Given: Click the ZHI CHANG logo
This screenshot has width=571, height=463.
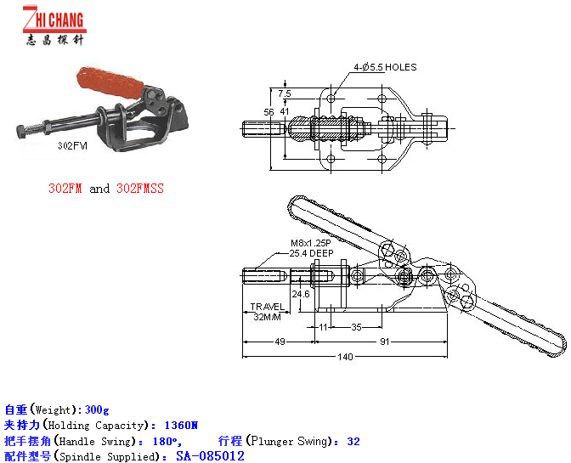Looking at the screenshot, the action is coord(54,25).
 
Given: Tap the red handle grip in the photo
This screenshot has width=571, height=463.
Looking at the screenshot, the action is coord(110,83).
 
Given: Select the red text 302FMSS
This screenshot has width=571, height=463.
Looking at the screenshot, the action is coord(140,189).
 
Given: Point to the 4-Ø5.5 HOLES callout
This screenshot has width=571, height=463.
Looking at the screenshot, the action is coord(385,67).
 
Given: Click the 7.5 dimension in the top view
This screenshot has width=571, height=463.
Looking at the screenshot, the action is coord(285,93).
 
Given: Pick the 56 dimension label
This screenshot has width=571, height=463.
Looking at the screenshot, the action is coord(269,112).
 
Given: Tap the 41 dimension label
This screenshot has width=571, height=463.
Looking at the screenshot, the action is coord(285,111).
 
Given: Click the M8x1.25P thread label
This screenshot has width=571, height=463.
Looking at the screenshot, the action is coord(311,243).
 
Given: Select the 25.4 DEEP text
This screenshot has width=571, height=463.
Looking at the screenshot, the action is coord(311,253).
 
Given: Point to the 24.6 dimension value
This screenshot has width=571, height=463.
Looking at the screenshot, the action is coord(301,294).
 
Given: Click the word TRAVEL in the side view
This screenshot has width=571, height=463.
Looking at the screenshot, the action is coord(268,307).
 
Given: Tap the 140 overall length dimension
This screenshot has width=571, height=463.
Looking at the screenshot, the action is coord(345,357).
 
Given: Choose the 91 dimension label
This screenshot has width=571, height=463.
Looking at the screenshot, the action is coord(385,342).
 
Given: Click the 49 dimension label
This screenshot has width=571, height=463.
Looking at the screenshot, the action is coord(280,342).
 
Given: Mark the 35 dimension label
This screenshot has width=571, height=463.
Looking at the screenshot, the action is coord(356,327).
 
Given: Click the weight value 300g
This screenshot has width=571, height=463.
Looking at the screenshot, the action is coord(97,409).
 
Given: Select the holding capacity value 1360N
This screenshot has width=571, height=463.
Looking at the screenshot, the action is coord(181,425).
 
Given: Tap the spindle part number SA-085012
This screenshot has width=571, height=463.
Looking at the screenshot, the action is coord(210,456).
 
